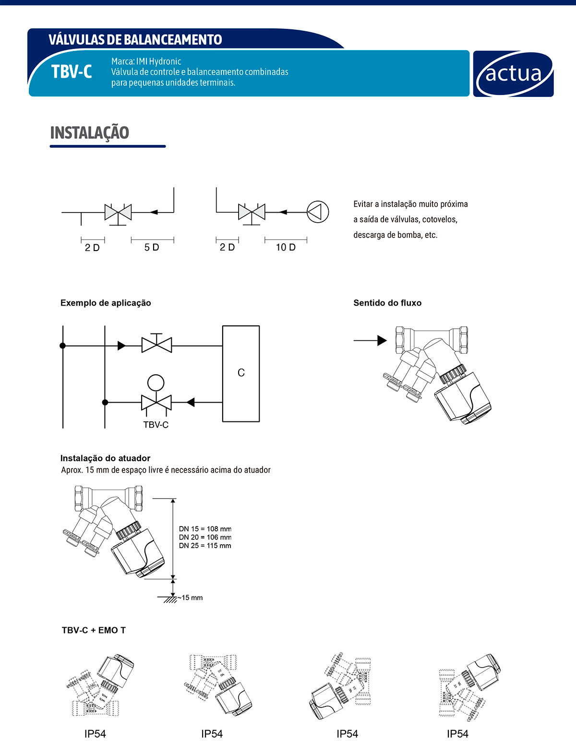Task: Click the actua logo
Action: [513, 74]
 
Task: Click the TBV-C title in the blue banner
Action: [72, 72]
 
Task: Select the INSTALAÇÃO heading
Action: [90, 133]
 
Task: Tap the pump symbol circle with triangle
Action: [318, 212]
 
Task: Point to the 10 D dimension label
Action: [286, 247]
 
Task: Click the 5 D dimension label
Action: [152, 247]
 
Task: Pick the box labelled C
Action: [241, 373]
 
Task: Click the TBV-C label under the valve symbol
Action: [156, 425]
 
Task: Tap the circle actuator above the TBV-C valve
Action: [156, 382]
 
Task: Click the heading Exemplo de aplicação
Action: [106, 303]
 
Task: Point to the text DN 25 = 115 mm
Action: [205, 546]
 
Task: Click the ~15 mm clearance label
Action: [191, 598]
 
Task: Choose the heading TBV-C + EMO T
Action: [94, 630]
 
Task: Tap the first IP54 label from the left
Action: [95, 734]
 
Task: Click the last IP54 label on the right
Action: [457, 734]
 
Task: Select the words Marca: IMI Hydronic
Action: [146, 61]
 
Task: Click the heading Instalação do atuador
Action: [105, 458]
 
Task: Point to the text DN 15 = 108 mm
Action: [205, 529]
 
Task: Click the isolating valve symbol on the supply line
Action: [156, 344]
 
